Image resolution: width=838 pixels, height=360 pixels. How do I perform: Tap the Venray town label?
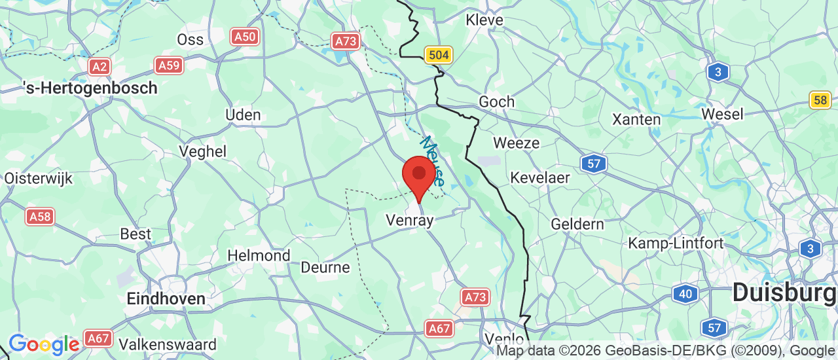(410, 221)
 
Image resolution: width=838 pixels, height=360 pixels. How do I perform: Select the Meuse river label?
(432, 160)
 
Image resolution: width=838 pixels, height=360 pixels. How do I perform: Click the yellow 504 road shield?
(438, 55)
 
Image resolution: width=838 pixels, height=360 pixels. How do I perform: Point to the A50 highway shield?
(245, 37)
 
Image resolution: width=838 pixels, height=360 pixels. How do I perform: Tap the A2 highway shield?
(100, 66)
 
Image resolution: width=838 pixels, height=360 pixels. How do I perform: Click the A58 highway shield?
(40, 217)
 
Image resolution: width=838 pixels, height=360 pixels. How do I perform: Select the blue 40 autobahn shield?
(685, 294)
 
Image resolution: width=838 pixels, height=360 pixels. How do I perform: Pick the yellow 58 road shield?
(820, 100)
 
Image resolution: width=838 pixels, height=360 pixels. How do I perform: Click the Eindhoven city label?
(166, 298)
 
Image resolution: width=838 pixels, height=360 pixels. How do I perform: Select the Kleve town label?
(484, 20)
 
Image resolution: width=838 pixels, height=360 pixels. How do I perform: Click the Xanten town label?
(636, 119)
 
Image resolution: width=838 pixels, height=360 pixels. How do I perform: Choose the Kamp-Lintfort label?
(676, 243)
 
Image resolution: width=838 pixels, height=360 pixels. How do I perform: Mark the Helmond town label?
(259, 255)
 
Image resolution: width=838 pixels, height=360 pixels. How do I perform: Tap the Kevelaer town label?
(540, 177)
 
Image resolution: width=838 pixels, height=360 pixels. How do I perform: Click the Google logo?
(44, 344)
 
